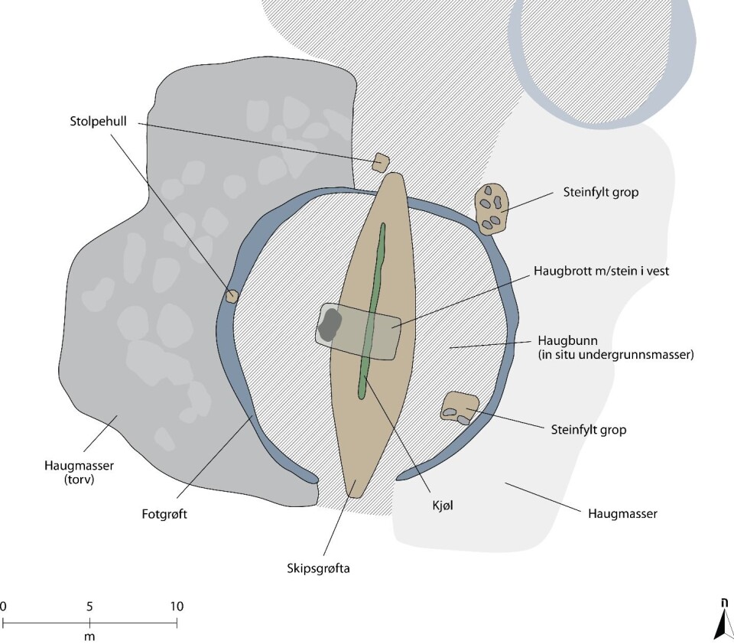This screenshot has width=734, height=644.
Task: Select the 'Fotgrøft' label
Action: pyautogui.click(x=165, y=514)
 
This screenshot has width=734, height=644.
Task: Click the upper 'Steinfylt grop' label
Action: pyautogui.click(x=600, y=193)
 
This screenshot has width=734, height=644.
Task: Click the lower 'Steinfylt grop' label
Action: pyautogui.click(x=588, y=430)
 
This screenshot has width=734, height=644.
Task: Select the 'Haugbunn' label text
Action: pyautogui.click(x=562, y=340)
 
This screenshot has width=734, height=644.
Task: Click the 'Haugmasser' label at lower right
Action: pyautogui.click(x=622, y=514)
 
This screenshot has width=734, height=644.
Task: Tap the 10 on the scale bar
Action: pyautogui.click(x=177, y=607)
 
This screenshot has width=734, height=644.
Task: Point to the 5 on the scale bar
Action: pyautogui.click(x=89, y=607)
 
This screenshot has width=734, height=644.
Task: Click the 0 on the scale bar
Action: pyautogui.click(x=3, y=607)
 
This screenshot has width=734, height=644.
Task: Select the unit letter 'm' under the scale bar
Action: pyautogui.click(x=89, y=636)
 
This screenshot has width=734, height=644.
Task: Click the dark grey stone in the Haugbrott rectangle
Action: pyautogui.click(x=330, y=325)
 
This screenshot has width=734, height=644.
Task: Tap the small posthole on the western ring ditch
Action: pyautogui.click(x=232, y=295)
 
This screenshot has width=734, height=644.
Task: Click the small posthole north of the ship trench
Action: pyautogui.click(x=381, y=162)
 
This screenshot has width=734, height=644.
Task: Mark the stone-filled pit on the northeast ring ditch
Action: pyautogui.click(x=490, y=207)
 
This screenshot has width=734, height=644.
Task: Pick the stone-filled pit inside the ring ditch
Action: pyautogui.click(x=459, y=407)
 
